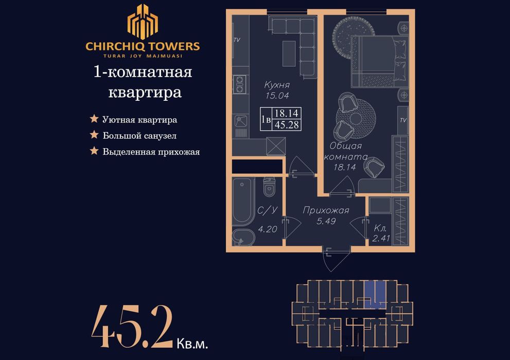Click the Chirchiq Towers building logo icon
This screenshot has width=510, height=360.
(x=143, y=22)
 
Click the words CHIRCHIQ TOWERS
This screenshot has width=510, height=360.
(x=143, y=46)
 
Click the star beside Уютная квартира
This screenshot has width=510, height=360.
(x=94, y=119)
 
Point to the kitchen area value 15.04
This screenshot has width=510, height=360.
(x=277, y=96)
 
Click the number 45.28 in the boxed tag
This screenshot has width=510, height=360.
(x=287, y=124)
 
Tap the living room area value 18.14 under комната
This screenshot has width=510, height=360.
(x=344, y=167)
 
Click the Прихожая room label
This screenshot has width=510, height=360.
(x=326, y=210)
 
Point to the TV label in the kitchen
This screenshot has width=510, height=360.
(x=237, y=40)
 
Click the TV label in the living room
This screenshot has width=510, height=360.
(x=403, y=120)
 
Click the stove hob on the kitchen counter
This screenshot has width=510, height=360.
(x=240, y=84)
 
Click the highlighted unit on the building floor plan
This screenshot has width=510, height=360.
(x=375, y=295)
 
